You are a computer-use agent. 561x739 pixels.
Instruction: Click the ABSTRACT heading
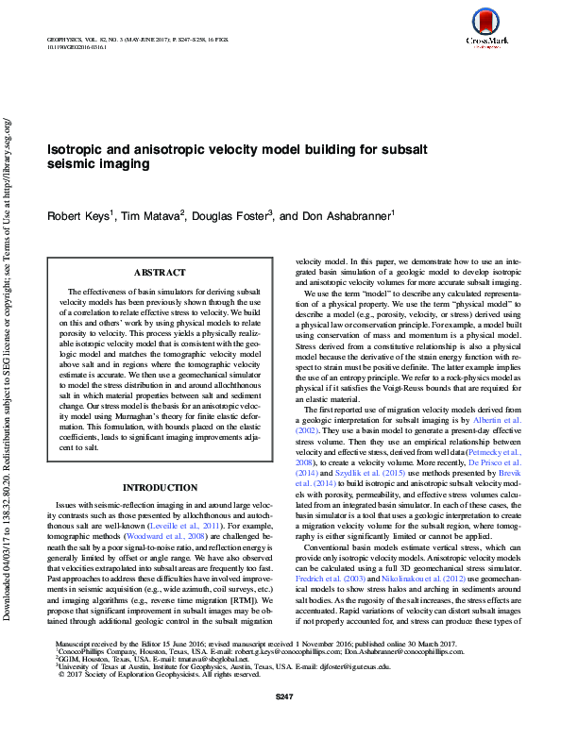[x=159, y=273]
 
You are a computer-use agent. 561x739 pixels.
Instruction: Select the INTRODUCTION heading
[x=159, y=488]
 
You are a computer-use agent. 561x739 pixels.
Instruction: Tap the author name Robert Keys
[x=79, y=216]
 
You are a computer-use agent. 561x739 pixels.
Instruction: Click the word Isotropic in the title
[x=76, y=149]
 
